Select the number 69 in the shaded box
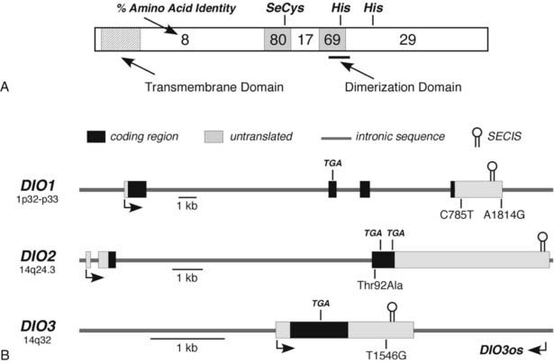[332, 39]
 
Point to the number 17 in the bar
[304, 39]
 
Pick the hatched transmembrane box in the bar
[120, 39]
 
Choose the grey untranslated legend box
[212, 137]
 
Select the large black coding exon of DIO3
[319, 331]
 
